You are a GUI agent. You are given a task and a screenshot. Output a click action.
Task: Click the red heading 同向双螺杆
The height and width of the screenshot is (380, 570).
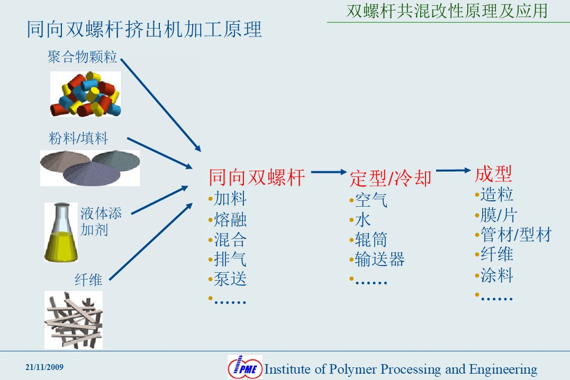pos(257,178)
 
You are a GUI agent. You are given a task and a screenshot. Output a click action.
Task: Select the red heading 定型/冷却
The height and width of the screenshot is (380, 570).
pos(391,178)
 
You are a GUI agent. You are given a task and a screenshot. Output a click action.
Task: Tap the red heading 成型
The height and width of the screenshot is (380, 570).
pos(493,174)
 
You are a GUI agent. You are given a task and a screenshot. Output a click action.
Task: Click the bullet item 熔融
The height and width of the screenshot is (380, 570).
pos(230,219)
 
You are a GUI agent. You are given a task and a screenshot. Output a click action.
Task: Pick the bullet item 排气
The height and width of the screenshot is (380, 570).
pos(230,259)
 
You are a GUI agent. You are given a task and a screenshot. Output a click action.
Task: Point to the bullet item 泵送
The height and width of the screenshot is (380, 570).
pos(230,279)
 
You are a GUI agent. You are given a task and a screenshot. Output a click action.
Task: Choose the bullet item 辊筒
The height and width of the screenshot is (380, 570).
pos(371,239)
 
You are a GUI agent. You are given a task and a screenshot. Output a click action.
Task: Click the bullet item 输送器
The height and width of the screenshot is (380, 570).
pos(379,259)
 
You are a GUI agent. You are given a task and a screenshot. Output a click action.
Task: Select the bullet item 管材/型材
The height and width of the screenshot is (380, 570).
pos(516,235)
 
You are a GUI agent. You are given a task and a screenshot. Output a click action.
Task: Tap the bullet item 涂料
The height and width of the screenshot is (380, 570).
pos(496,275)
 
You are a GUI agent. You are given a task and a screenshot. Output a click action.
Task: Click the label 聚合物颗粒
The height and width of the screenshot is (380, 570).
pos(82,57)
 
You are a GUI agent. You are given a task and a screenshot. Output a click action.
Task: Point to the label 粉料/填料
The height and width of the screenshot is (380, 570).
pos(78,138)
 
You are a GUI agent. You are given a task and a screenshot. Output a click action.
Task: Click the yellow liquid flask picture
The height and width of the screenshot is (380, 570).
pos(61,233)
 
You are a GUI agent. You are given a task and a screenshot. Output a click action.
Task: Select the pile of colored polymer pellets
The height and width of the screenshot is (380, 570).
pos(85,94)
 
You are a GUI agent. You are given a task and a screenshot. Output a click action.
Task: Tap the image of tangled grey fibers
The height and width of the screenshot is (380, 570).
pos(74,320)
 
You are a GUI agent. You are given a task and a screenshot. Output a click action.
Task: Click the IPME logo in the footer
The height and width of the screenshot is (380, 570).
pos(245,367)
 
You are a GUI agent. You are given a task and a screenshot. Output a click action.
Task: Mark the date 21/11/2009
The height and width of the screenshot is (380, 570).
pos(44,367)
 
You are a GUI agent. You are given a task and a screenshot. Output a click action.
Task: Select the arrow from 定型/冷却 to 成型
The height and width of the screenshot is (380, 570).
pos(454,170)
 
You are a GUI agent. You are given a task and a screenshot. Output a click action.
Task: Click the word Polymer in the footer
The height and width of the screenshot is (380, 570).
pos(352,369)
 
